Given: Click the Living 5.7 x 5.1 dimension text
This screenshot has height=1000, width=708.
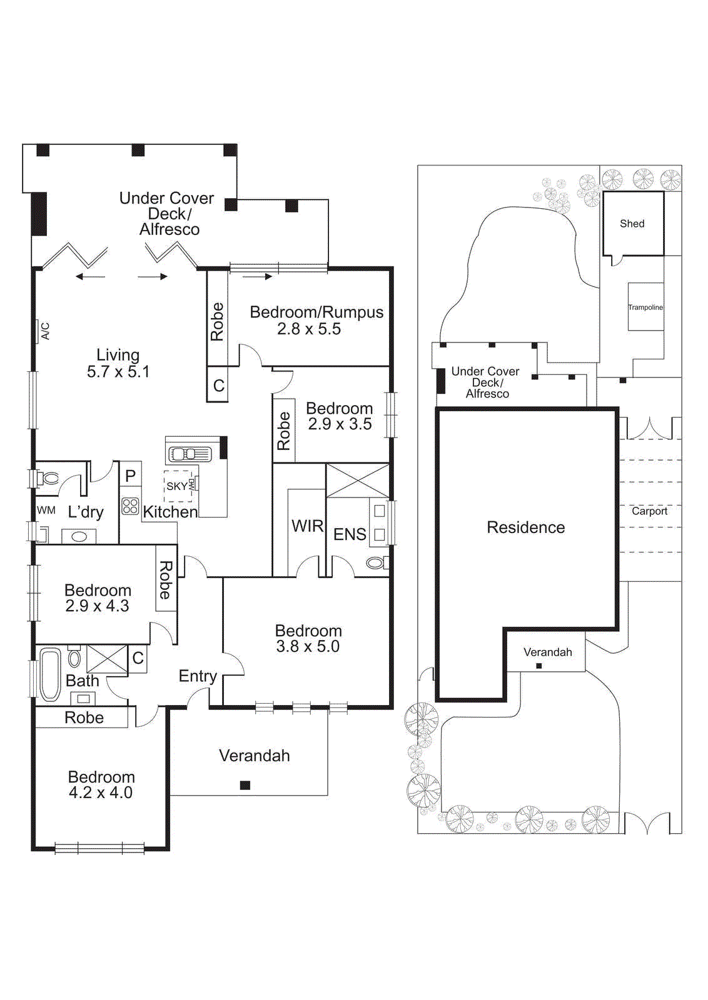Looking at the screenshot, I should tap(118, 372).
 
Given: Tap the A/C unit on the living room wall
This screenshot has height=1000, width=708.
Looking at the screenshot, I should tap(44, 331).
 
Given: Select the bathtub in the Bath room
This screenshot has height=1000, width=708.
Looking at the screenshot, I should tap(50, 674).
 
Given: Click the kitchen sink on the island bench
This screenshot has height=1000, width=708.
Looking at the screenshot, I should tap(191, 454).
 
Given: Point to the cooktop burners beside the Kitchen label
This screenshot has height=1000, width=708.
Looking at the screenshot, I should tap(130, 506).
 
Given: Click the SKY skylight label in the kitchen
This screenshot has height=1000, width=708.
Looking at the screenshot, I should tap(176, 486).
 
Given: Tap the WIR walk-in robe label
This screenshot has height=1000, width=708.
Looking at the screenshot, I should tap(307, 526).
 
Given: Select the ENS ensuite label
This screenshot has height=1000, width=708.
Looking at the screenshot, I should tap(350, 534).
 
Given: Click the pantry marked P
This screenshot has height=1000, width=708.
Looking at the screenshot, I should tap(130, 476).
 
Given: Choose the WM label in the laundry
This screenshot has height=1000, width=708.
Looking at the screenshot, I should tap(46, 510).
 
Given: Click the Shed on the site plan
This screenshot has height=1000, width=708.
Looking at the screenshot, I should tap(632, 224).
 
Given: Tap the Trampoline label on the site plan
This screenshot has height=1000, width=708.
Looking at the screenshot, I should tap(645, 307).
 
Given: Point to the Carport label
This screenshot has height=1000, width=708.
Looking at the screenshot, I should tap(649, 511).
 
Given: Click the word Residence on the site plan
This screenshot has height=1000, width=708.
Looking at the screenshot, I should tap(525, 527).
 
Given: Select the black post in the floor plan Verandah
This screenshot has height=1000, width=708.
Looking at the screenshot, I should tap(245, 785).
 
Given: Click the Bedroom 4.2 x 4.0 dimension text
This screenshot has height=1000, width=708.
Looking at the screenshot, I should tap(101, 792).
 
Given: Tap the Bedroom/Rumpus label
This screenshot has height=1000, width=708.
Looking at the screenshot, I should tap(316, 312).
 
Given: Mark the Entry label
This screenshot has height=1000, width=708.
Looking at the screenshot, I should tap(198, 676).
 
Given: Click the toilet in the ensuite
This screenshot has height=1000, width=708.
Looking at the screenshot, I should tap(375, 563).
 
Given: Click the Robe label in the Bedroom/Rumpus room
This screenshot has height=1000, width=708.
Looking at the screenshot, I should tap(217, 321).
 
